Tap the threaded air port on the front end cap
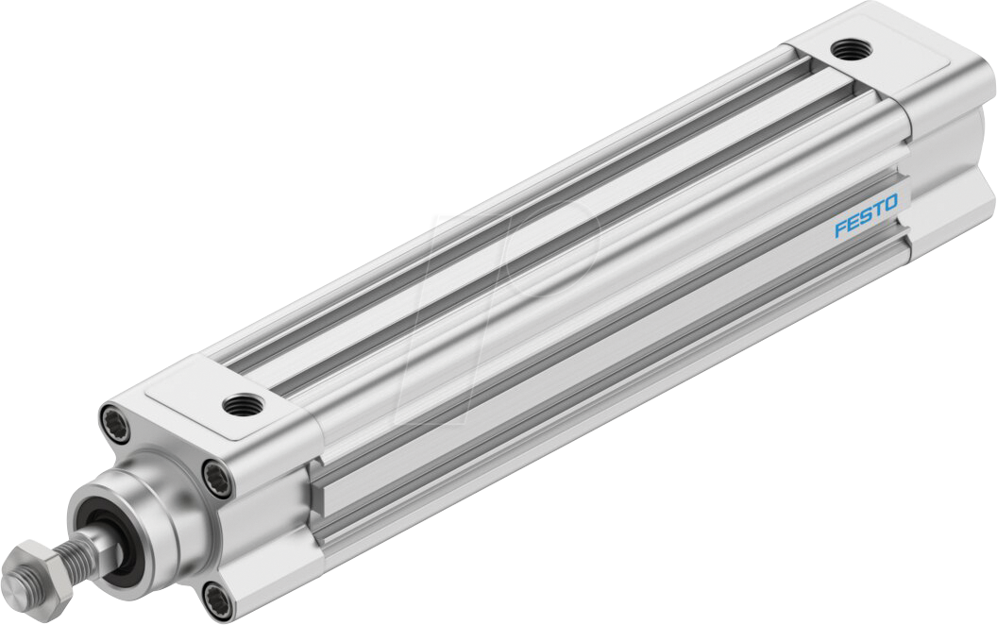click(x=235, y=406)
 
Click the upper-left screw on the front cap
click(x=111, y=417)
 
